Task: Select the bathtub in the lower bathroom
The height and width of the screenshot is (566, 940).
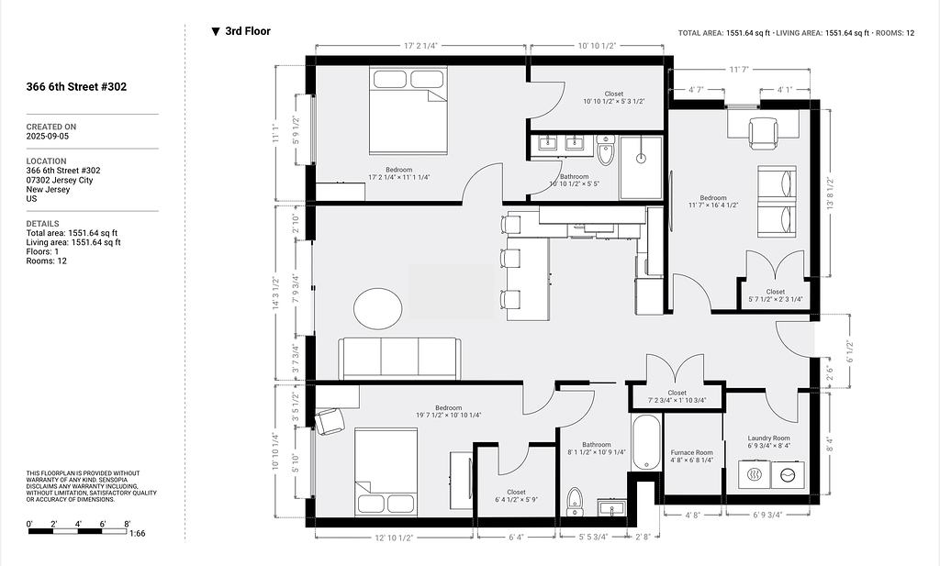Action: coord(645,441)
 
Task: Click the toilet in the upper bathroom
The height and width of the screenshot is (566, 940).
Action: coord(606,150)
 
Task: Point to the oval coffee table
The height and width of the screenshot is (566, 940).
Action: coord(377,308)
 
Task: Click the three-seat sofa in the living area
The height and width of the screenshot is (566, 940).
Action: coord(399,358)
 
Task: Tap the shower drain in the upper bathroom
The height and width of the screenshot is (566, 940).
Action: coord(641,159)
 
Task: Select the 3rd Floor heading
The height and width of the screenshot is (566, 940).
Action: coord(248,31)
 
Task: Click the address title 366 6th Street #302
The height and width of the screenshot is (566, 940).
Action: coord(76,87)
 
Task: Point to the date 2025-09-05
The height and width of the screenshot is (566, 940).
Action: coord(48,136)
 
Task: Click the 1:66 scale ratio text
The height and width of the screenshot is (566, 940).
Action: coord(137,533)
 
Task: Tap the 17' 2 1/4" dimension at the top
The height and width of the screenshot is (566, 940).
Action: coord(420,46)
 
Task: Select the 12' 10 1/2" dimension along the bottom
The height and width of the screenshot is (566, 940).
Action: coord(394,538)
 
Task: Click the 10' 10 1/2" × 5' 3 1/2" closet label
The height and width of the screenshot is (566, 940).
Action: coord(614,97)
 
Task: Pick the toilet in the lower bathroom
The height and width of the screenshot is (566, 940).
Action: coord(575,501)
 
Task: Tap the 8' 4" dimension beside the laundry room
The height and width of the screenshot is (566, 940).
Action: coord(830,445)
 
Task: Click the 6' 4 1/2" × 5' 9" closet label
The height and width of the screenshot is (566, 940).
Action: coord(516,496)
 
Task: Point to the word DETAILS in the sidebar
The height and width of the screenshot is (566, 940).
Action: coord(42,224)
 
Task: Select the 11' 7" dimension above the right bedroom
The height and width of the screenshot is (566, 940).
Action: coord(739,70)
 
